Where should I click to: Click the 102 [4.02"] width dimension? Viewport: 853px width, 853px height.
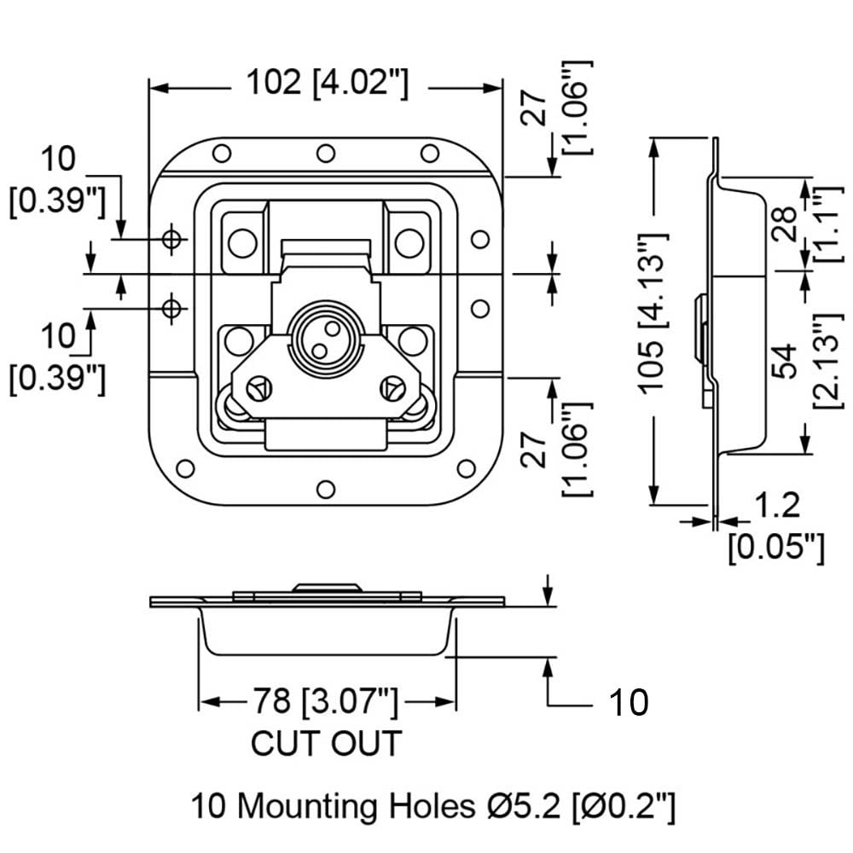[x=328, y=84]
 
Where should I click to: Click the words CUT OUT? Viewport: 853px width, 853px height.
[x=325, y=743]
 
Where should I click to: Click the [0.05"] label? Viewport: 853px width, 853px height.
[x=776, y=546]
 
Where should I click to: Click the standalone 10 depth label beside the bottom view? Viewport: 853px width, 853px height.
[x=628, y=703]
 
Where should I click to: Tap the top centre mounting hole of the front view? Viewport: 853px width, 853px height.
[x=325, y=154]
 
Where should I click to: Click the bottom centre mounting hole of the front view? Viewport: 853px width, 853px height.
[x=325, y=490]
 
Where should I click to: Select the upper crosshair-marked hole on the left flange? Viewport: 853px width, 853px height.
[x=173, y=240]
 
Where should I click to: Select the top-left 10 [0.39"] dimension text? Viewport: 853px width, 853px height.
[x=57, y=181]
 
